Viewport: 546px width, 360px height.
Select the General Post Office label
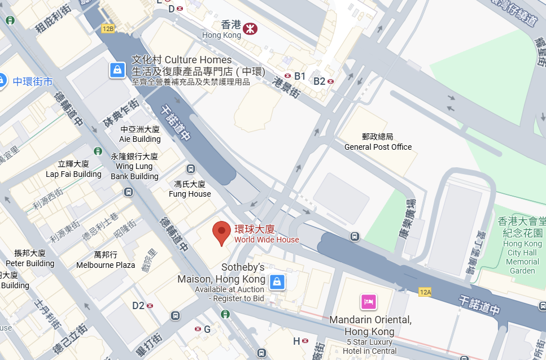(378, 142)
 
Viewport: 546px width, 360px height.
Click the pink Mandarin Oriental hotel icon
(369, 301)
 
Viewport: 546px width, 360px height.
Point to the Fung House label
(190, 189)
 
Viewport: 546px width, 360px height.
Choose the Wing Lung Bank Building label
(134, 166)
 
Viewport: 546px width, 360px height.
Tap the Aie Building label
(140, 135)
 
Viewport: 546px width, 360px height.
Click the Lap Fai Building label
(73, 169)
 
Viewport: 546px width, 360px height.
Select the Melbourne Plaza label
(106, 260)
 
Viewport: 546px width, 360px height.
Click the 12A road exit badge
(425, 292)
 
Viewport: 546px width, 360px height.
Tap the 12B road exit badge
(108, 28)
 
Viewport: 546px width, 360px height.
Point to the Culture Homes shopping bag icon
(117, 70)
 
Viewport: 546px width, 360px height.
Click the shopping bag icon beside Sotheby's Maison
(277, 281)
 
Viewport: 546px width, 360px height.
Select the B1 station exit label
(299, 76)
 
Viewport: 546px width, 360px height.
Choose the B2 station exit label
(320, 81)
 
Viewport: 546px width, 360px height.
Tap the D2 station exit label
(138, 306)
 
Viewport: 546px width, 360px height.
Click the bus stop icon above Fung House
(190, 169)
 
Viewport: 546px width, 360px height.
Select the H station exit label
(296, 341)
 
